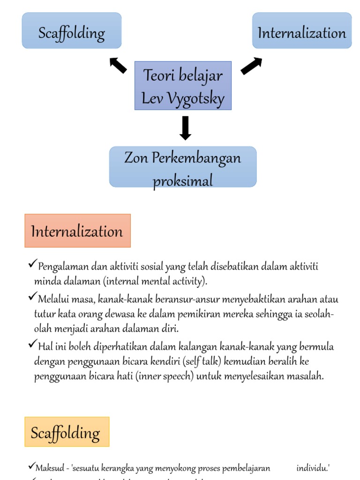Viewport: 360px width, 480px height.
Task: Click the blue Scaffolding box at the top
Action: pos(72,31)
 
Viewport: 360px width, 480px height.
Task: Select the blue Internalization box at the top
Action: pos(302,31)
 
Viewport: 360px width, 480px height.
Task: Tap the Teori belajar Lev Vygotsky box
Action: pos(183,86)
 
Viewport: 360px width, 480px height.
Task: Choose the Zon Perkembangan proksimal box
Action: pos(183,167)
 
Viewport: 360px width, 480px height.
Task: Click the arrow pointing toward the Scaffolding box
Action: pos(118,65)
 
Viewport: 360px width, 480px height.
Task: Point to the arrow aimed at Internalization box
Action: pos(251,66)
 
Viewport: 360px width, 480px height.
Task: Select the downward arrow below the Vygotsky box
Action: pos(186,127)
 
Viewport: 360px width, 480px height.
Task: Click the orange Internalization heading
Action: pos(77,231)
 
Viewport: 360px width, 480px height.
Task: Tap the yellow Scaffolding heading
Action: pos(67,432)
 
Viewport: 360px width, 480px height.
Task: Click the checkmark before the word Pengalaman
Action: pos(32,265)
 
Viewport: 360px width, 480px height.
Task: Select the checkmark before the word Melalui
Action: pos(32,297)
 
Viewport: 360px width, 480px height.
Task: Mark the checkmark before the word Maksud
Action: pos(31,465)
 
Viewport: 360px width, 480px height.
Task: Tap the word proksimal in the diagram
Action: pos(183,180)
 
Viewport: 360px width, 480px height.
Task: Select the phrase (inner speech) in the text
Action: pos(165,376)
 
